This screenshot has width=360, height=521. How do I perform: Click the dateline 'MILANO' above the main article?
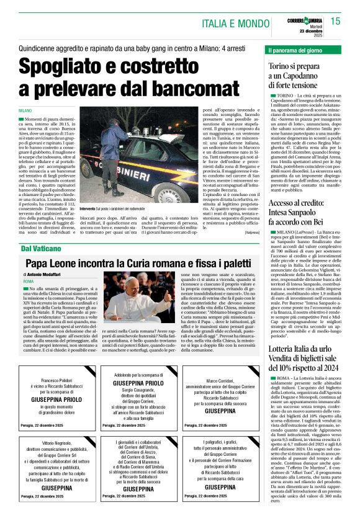28,110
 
